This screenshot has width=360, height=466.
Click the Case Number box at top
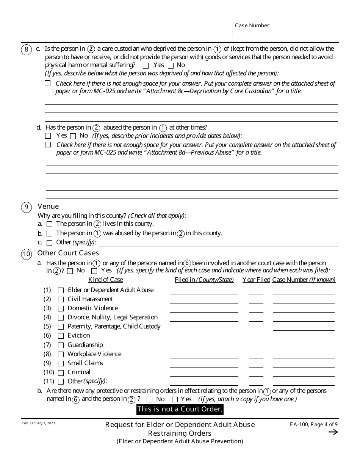pyautogui.click(x=286, y=30)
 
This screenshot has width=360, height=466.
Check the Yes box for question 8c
pyautogui.click(x=146, y=66)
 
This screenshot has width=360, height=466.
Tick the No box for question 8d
pyautogui.click(x=73, y=136)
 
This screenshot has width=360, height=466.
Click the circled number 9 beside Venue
pyautogui.click(x=26, y=207)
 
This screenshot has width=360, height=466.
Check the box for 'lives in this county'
pyautogui.click(x=49, y=224)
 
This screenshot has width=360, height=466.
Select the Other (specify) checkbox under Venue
pyautogui.click(x=49, y=243)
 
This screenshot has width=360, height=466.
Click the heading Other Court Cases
pyautogui.click(x=68, y=253)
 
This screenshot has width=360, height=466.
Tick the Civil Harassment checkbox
pyautogui.click(x=61, y=299)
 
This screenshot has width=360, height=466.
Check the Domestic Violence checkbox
pyautogui.click(x=61, y=308)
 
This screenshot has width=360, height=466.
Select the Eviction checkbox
pyautogui.click(x=61, y=336)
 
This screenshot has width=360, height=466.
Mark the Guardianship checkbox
pyautogui.click(x=61, y=345)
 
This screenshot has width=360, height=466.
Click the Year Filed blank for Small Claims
pyautogui.click(x=256, y=364)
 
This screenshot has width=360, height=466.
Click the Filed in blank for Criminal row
pyautogui.click(x=204, y=373)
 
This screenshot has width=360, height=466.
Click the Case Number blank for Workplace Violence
pyautogui.click(x=304, y=355)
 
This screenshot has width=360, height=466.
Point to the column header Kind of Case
pyautogui.click(x=105, y=280)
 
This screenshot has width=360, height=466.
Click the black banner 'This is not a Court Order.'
pyautogui.click(x=180, y=409)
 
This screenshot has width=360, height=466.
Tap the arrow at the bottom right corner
pyautogui.click(x=333, y=432)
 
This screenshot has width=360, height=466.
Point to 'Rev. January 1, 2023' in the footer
pyautogui.click(x=38, y=423)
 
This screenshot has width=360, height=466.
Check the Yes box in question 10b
pyautogui.click(x=175, y=399)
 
